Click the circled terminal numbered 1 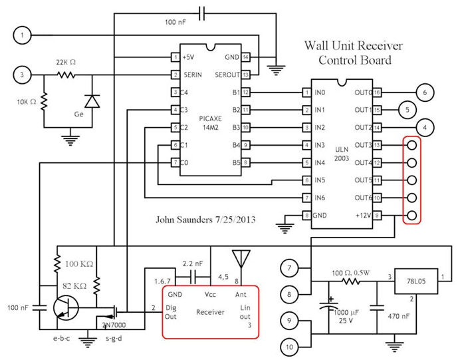[24, 35]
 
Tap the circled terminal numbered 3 [24, 75]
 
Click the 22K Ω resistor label [65, 62]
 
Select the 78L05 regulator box [418, 277]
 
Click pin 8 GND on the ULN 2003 [306, 215]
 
